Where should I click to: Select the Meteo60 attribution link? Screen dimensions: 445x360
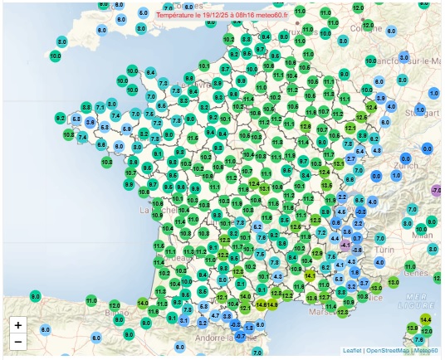tap(427, 351)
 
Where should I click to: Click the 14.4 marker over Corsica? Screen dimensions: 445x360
tap(426, 319)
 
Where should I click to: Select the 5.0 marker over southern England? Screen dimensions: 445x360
tap(144, 14)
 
